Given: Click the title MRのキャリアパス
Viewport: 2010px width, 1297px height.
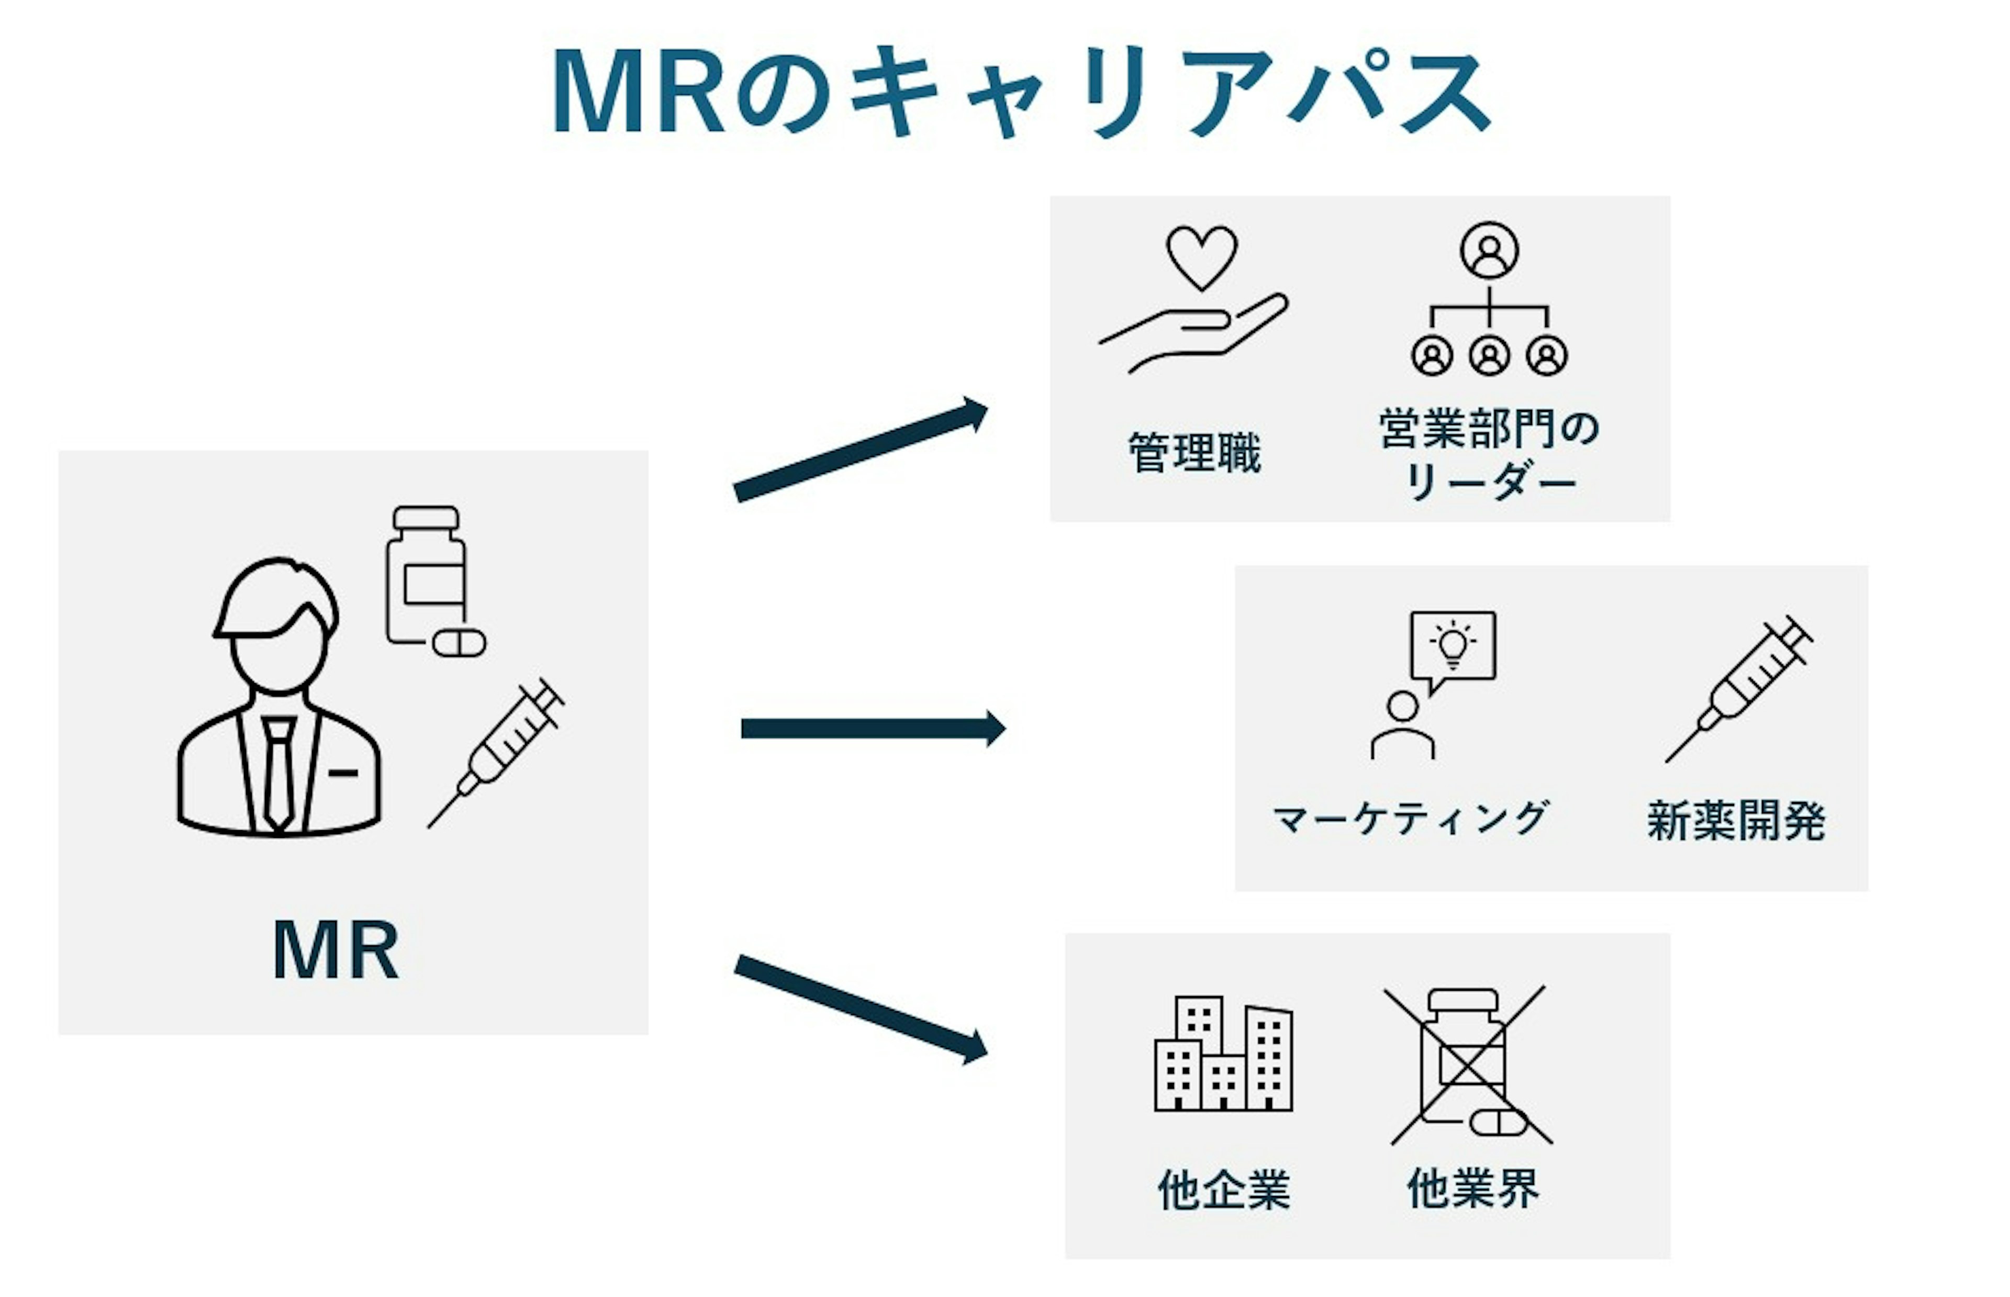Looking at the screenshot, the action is pyautogui.click(x=1021, y=91).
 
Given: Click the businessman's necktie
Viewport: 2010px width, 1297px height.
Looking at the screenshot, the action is pyautogui.click(x=278, y=773).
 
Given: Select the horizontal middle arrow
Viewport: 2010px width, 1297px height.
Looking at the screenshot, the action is pyautogui.click(x=873, y=729).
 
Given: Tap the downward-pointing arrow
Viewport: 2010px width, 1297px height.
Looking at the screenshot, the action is pyautogui.click(x=861, y=1009).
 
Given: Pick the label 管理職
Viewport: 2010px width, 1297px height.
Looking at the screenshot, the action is pyautogui.click(x=1194, y=453).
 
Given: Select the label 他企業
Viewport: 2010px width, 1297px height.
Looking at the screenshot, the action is pyautogui.click(x=1223, y=1190).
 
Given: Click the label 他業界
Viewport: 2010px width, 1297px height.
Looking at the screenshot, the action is pyautogui.click(x=1473, y=1188).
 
